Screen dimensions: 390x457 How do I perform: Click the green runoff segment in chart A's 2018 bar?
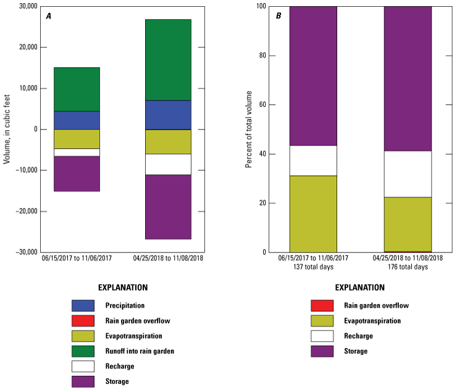click(168, 60)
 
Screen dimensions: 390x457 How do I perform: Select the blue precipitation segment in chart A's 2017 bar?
click(77, 120)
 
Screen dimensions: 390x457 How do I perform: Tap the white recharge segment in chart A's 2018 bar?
click(168, 164)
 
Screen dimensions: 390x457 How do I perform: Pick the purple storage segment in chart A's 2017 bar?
click(77, 173)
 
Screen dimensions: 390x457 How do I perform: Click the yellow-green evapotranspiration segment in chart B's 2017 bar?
click(313, 214)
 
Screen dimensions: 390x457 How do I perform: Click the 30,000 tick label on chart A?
click(25, 7)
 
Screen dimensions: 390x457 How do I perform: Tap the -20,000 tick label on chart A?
click(24, 211)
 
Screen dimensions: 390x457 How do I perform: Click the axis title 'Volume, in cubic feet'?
click(7, 129)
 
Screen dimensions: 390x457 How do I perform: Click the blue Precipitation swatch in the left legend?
click(83, 305)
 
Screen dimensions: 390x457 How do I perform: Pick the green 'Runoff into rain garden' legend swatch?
click(83, 351)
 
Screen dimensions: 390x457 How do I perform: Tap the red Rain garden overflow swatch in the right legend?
click(322, 305)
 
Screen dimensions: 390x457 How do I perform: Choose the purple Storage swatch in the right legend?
click(322, 351)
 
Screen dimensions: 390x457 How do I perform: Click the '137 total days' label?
click(313, 267)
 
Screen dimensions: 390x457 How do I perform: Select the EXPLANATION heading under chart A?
click(123, 288)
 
